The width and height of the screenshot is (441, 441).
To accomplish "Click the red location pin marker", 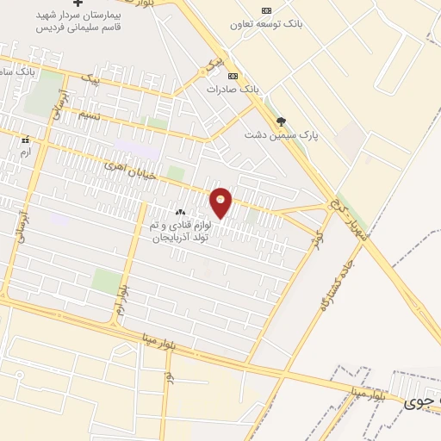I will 221,202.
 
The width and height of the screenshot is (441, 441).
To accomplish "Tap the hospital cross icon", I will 78,3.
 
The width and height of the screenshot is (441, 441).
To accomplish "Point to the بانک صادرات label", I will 233,89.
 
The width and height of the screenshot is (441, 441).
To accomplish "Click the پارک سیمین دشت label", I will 281,135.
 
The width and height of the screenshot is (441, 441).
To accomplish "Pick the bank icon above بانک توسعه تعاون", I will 266,10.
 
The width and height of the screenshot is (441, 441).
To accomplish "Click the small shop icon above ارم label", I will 26,140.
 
